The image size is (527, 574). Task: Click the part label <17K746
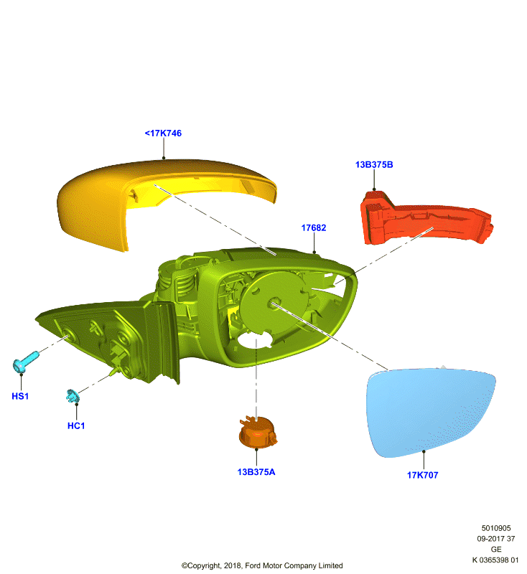(163, 133)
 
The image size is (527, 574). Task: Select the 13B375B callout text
(374, 165)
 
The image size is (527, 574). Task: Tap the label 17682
(314, 227)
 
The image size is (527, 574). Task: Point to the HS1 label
(20, 396)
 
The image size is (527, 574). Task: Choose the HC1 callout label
(76, 425)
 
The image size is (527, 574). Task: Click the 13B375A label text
(256, 472)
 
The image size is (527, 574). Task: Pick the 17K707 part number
(423, 475)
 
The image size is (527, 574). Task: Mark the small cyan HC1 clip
(72, 396)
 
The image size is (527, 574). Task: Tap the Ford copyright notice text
(262, 565)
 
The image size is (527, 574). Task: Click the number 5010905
(496, 528)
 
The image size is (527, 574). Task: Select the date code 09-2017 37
(496, 539)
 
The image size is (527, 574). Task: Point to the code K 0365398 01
(495, 560)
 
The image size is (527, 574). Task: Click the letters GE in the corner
(496, 550)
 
